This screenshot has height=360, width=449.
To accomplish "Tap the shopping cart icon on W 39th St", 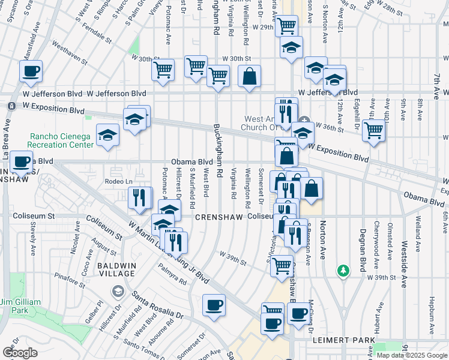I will click(x=282, y=265).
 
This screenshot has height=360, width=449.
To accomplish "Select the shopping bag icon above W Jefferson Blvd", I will click(x=249, y=76).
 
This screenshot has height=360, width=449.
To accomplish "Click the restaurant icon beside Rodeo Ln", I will click(x=139, y=198).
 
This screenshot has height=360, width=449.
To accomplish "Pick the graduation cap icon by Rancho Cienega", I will click(x=107, y=134).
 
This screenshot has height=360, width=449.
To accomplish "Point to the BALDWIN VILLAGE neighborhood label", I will click(x=117, y=269).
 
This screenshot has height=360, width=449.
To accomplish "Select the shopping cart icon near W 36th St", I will click(x=373, y=129).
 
